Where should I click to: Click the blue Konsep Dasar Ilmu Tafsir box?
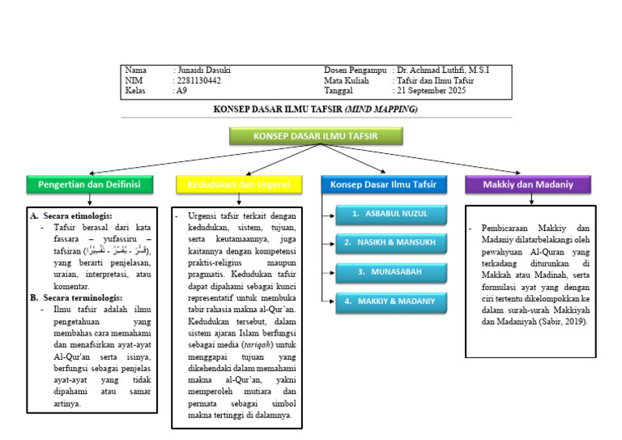coord(383,185)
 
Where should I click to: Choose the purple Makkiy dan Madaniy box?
coord(527,185)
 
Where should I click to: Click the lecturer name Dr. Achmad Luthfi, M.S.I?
coord(443,70)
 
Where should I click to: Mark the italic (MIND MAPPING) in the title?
coord(381,109)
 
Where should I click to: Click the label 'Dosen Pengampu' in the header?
coord(355,70)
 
